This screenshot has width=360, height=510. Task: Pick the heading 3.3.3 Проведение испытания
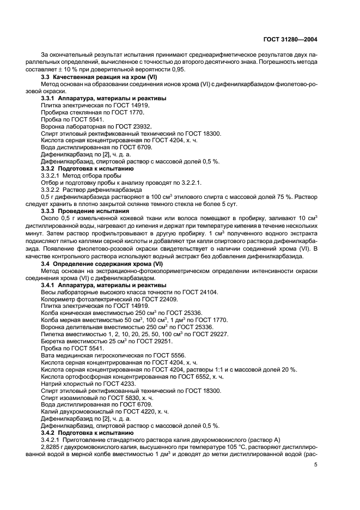(x=86, y=210)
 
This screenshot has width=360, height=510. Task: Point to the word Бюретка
(x=54, y=341)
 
